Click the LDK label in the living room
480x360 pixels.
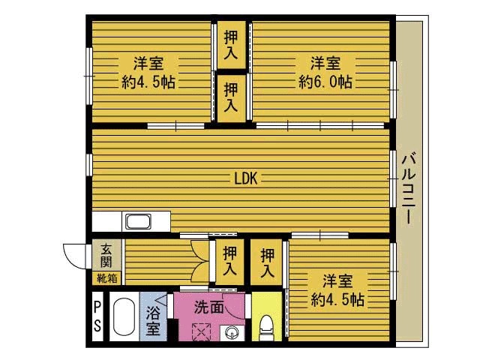245,178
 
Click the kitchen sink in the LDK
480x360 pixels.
139,222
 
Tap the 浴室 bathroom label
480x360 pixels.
152,319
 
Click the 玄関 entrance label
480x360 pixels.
106,255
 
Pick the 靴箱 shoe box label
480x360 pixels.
106,278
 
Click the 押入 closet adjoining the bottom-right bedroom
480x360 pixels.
268,262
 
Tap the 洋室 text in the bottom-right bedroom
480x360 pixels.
337,281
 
